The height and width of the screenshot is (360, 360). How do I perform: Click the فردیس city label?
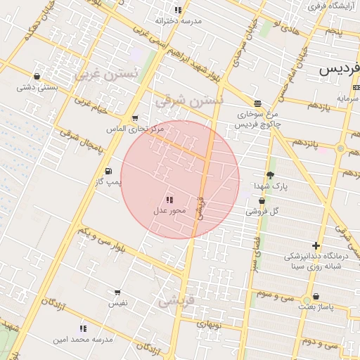(340, 69)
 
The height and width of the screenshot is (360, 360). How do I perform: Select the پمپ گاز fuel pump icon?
(108, 171)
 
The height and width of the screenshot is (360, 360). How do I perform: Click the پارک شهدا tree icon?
(271, 175)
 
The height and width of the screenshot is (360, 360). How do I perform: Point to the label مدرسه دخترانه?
(179, 21)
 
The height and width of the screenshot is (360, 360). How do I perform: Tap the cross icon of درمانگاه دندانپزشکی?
(316, 245)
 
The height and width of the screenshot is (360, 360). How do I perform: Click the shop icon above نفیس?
(117, 292)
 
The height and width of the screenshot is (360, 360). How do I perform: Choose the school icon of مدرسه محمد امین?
(83, 328)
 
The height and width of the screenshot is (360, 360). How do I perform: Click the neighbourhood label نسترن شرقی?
(190, 101)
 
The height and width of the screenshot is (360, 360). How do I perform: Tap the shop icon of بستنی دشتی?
(37, 76)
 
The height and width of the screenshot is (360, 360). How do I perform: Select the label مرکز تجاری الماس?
(134, 129)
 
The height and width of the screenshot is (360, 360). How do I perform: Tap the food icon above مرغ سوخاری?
(257, 103)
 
